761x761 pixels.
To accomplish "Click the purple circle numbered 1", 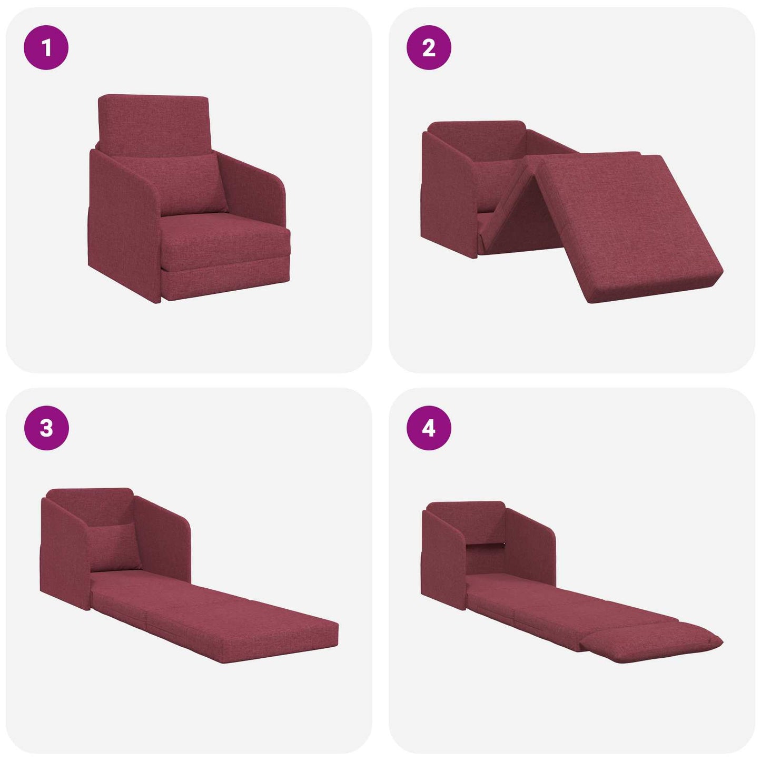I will [46, 48].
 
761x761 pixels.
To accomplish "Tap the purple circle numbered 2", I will [429, 48].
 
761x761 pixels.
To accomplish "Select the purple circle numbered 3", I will [46, 428].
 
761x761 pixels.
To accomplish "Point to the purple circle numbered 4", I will [429, 428].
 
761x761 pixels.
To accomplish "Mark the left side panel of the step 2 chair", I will [448, 195].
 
